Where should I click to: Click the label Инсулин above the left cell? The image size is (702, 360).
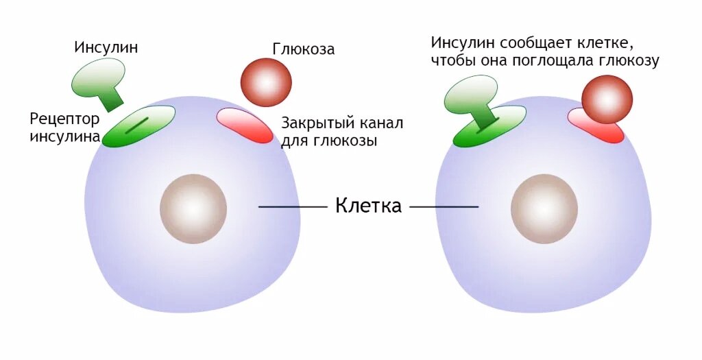pos(106,47)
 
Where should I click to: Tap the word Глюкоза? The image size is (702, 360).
pos(304,49)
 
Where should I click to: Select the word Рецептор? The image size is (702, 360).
pos(64,119)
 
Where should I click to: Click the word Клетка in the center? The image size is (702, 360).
pos(368,206)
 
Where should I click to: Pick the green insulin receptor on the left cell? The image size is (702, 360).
pos(138,126)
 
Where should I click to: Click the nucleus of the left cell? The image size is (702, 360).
pos(193,208)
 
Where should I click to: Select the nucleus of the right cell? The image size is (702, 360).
pos(544,208)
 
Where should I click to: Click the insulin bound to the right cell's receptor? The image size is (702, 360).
pos(472,96)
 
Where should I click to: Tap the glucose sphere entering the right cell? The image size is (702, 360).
pos(607,99)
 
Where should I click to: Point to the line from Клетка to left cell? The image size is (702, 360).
pos(293,206)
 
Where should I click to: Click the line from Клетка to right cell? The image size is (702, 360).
pos(444,206)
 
